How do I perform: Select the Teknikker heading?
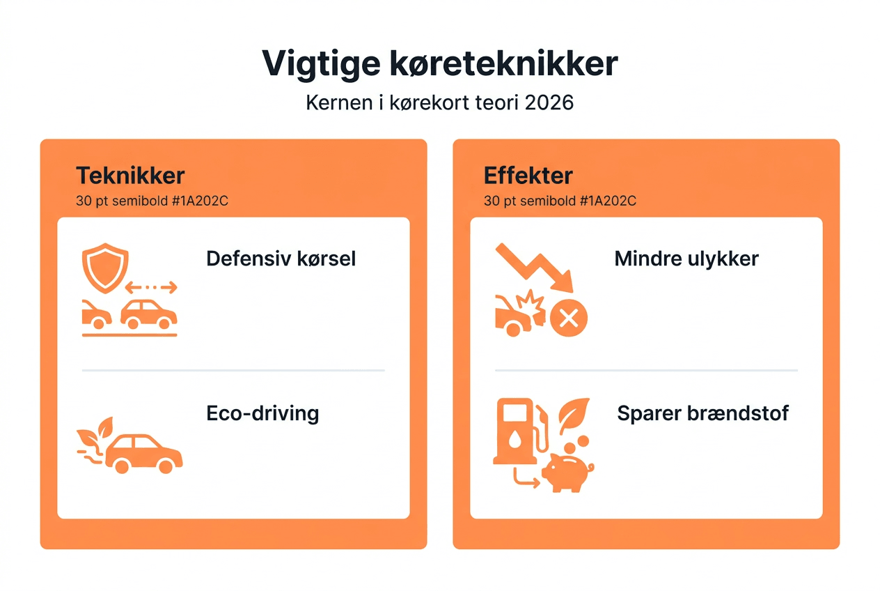pos(130,176)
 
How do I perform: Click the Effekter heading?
pos(528,176)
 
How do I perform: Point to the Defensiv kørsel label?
pos(281,259)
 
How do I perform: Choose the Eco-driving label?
pos(262,413)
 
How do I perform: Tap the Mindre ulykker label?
pos(686,259)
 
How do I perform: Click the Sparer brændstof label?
pos(702,413)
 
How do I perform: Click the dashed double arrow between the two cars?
pos(151,287)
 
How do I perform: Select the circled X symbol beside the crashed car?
pos(568,319)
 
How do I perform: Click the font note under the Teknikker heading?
pos(152,201)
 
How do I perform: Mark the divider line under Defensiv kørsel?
pos(233,370)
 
